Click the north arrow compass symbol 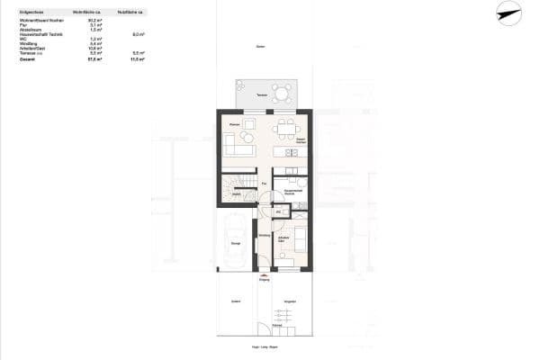508,13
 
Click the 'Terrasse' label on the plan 262,95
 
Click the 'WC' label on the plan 279,212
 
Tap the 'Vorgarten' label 290,301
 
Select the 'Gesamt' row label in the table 26,59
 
